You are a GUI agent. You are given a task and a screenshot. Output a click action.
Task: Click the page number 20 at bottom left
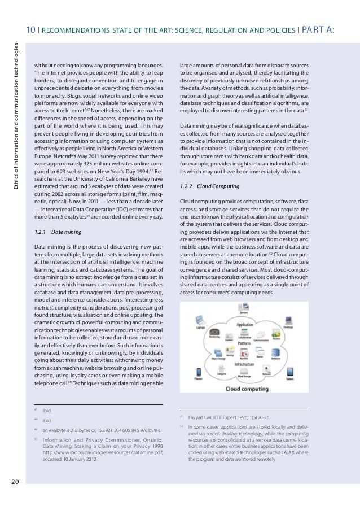coord(15,481)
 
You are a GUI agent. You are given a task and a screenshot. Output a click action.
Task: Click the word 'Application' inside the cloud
coord(244,325)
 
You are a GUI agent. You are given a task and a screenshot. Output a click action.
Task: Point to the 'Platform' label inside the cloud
coord(244,343)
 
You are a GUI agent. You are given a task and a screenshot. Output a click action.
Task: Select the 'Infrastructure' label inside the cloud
coord(244,365)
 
